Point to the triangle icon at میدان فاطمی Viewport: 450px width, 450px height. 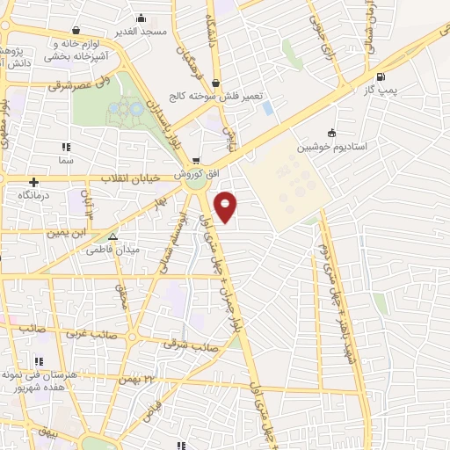[x=112, y=236]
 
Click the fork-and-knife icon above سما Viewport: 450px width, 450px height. [x=64, y=147]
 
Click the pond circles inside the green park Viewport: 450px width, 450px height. [x=126, y=111]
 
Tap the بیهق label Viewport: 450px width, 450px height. [x=43, y=434]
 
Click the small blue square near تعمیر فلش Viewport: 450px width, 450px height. [x=267, y=107]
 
